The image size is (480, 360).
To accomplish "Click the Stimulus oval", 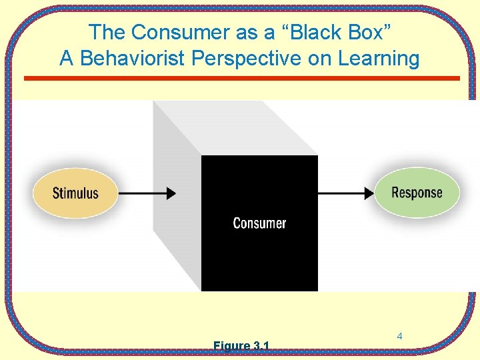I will [x=75, y=193].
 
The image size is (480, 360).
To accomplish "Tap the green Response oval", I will [x=417, y=193].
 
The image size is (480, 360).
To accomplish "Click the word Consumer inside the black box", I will [x=259, y=223].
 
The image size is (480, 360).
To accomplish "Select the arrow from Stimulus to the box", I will [x=147, y=193].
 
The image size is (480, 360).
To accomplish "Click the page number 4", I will [x=399, y=337].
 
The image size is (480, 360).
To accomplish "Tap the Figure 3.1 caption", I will [x=241, y=346].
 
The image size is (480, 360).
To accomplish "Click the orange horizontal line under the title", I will [x=241, y=79].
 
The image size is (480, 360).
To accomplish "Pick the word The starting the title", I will [x=106, y=32].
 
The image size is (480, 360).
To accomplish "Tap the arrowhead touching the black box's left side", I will [x=171, y=193].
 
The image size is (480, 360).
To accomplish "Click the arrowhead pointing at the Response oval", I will [x=368, y=193].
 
